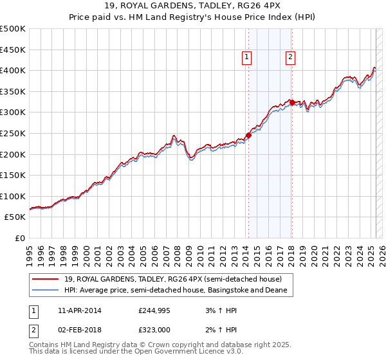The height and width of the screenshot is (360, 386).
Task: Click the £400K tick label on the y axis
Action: tap(12, 70)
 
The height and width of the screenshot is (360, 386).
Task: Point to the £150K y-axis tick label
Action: tap(12, 175)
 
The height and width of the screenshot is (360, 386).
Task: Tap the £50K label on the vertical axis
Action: tap(15, 217)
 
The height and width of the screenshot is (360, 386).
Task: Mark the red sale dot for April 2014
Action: tap(248, 136)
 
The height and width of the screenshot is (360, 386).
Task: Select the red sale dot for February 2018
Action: tap(292, 102)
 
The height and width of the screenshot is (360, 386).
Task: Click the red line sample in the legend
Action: tap(46, 279)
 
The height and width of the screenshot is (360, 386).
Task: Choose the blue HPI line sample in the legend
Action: tap(46, 291)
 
